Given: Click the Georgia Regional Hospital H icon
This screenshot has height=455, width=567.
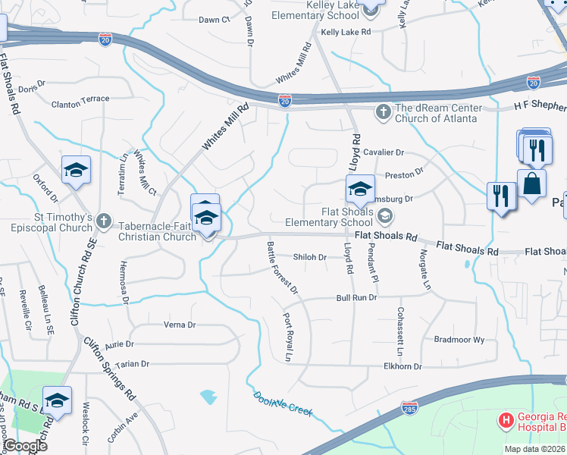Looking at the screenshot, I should (506, 419).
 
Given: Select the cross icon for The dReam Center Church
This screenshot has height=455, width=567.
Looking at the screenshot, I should (384, 112).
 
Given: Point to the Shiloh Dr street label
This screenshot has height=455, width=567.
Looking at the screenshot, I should (309, 257).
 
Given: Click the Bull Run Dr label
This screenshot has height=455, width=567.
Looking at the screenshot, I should (356, 298).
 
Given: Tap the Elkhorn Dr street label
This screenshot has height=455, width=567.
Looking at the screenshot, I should (403, 366).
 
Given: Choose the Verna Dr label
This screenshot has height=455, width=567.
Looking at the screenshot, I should (180, 325).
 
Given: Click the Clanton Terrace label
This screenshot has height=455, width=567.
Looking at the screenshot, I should (80, 99).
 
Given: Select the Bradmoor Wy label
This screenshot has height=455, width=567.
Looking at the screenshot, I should (459, 340).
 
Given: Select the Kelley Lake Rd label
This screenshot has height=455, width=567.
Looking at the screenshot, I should (346, 33).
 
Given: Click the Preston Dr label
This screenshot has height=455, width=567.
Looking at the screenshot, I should (404, 175).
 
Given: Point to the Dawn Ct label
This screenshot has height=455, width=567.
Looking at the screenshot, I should (215, 20).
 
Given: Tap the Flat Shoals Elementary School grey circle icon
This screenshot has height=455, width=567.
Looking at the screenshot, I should (385, 218).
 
